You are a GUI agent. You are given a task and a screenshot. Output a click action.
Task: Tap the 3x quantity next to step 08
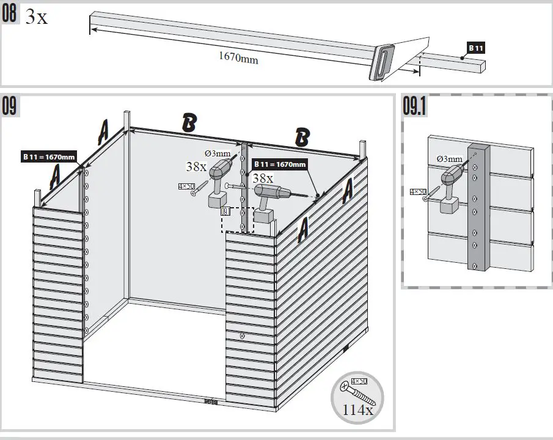click(x=36, y=17)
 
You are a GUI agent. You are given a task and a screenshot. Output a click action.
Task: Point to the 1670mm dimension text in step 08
click(x=238, y=59)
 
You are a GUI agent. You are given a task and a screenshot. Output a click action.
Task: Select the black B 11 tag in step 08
click(x=477, y=47)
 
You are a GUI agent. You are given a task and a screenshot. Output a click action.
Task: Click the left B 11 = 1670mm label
click(x=48, y=157)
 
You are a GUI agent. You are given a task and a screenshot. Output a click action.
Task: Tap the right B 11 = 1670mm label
click(x=279, y=164)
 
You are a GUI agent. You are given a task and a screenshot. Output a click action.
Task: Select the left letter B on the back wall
click(x=189, y=123)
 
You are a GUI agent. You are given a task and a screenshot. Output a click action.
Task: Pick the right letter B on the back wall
click(x=301, y=137)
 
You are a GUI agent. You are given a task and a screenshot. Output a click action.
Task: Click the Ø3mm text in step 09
click(x=218, y=153)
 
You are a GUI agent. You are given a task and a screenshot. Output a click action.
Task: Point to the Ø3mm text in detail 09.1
click(x=450, y=159)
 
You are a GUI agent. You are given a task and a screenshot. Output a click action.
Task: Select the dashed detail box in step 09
click(x=238, y=219)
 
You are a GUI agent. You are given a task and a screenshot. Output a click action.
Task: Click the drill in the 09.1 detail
click(x=450, y=190)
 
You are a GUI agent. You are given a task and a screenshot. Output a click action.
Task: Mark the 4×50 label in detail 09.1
click(x=418, y=192)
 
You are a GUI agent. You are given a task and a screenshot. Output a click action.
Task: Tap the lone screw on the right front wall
click(x=243, y=335)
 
